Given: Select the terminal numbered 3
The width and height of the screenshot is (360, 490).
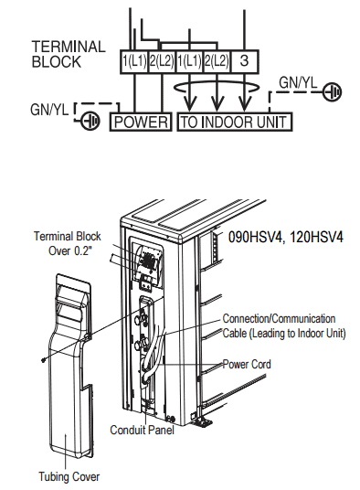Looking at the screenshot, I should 246,61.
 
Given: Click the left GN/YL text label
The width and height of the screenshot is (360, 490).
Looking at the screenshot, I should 48,110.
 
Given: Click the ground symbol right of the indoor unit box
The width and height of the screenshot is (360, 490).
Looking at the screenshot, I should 334,92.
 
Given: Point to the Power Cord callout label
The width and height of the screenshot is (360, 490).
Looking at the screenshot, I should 247,364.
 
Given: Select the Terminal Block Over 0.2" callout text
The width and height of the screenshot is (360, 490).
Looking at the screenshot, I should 65,241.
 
